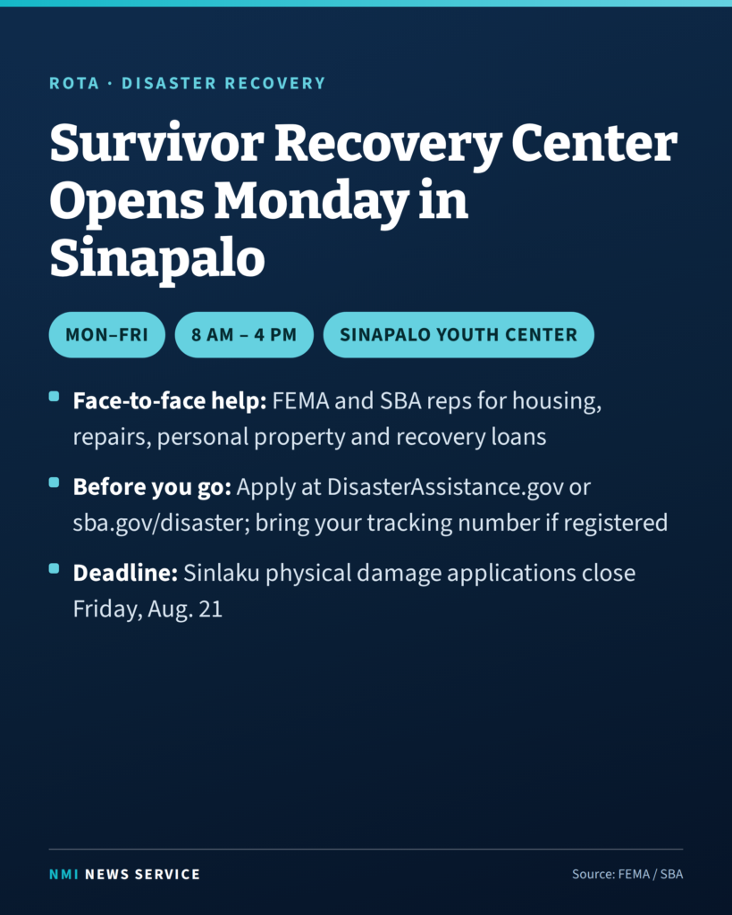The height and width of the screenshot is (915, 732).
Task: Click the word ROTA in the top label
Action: point(74,83)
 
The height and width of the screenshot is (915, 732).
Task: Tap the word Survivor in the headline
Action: point(157,143)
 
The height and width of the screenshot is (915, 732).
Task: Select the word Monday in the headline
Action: point(311,202)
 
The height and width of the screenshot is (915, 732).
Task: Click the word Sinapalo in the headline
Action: point(157,259)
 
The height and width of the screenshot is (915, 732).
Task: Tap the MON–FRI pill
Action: point(107,334)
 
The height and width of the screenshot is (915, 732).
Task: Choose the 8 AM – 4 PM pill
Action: point(244,334)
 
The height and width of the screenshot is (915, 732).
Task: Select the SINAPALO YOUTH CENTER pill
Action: point(459,334)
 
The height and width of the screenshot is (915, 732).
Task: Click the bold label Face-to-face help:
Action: point(169,401)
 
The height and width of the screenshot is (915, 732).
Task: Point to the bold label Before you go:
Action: point(152,487)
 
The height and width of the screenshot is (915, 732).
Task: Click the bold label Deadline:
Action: point(125,573)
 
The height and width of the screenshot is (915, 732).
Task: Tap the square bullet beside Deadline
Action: point(54,568)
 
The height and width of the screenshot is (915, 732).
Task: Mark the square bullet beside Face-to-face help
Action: point(54,396)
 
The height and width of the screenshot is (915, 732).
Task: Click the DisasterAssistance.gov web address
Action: point(445,487)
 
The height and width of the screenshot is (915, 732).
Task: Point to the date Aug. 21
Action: point(185,609)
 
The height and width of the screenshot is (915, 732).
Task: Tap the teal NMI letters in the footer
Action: point(63,874)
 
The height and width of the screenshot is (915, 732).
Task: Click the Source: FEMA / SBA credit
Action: point(627,874)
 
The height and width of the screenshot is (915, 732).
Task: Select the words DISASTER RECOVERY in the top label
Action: point(223,83)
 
